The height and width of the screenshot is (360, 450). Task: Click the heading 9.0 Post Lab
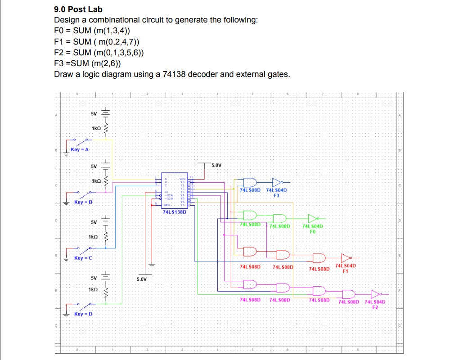78,9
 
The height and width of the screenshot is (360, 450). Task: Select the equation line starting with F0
94,31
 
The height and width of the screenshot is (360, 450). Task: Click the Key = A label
80,149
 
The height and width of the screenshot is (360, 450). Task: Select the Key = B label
83,202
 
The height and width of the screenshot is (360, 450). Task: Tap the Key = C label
83,258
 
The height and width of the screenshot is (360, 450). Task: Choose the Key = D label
83,314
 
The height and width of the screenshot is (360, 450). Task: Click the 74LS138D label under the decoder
174,212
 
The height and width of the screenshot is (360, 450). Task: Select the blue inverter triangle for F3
277,182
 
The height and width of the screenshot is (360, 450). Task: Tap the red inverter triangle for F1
346,258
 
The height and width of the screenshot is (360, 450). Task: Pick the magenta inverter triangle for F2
375,293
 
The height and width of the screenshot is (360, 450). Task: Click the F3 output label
276,195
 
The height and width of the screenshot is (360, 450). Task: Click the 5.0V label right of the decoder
216,166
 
